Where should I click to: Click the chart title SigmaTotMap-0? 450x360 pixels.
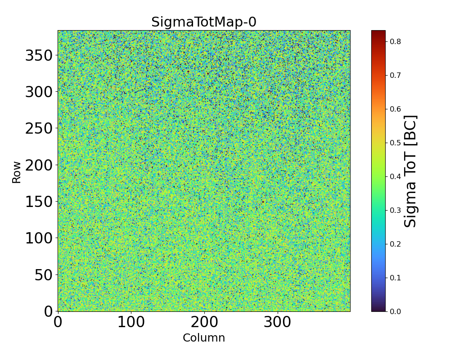203,22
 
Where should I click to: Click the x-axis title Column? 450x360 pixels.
203,338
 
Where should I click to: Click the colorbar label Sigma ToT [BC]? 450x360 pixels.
410,171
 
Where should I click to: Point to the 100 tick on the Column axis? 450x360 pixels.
131,323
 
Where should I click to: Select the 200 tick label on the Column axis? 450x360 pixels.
204,323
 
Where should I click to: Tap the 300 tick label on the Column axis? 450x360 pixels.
278,323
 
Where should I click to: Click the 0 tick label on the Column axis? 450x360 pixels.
58,323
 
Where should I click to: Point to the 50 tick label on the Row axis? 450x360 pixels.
44,275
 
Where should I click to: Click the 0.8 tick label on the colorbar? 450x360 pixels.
395,41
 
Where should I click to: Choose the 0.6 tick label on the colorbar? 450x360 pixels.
395,109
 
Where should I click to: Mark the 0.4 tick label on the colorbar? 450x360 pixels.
395,176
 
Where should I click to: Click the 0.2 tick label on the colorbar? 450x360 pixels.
395,244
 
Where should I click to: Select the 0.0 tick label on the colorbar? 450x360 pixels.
395,311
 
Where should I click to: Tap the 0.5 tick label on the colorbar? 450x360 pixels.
395,143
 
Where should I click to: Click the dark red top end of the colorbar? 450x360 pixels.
378,32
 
